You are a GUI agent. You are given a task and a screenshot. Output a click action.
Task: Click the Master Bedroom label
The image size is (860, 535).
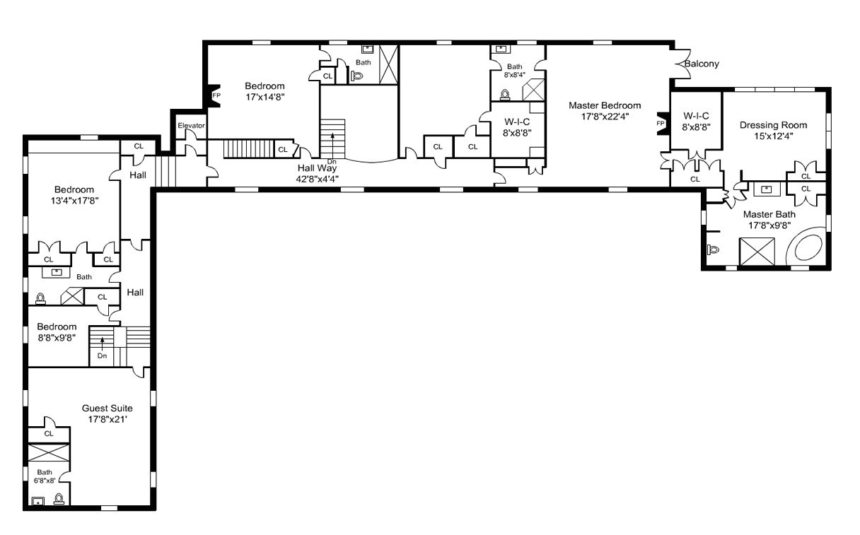(605, 105)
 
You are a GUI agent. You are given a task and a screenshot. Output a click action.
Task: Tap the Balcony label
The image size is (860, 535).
(702, 64)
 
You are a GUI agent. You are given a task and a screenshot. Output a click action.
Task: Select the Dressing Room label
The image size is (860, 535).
(772, 125)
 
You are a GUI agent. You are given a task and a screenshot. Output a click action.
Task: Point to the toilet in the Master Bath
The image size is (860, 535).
(712, 249)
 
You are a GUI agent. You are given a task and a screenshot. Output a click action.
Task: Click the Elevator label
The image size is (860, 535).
(191, 126)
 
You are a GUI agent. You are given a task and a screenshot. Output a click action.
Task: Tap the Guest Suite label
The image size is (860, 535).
(107, 408)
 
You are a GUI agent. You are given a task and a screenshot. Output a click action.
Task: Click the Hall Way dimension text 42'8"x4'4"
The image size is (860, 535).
(317, 179)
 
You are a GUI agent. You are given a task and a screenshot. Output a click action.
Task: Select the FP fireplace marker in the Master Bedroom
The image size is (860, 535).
(661, 123)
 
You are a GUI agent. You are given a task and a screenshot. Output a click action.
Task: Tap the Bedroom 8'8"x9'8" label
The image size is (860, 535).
(57, 327)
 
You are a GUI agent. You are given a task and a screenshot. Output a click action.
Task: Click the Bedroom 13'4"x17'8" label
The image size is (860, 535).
(74, 189)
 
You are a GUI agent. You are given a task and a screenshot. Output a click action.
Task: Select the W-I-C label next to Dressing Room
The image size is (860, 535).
(696, 116)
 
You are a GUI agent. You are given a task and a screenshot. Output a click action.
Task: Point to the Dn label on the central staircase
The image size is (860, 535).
(331, 163)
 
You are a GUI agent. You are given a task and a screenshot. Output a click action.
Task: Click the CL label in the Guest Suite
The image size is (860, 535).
(49, 434)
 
